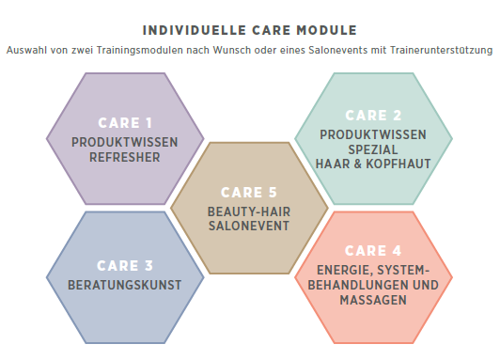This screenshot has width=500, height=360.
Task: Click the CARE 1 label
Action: [125, 123]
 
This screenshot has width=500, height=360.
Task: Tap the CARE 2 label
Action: [373, 116]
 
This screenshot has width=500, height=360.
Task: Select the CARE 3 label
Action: [125, 265]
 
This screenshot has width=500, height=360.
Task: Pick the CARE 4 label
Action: [373, 251]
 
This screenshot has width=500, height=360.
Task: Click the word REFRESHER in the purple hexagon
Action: [125, 157]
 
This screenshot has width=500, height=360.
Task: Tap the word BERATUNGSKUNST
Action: [125, 284]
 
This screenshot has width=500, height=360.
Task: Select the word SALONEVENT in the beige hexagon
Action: [249, 227]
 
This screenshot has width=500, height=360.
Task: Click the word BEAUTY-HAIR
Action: [249, 211]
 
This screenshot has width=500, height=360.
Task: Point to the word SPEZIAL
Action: [373, 149]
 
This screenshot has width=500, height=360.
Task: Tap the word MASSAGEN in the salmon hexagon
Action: [373, 301]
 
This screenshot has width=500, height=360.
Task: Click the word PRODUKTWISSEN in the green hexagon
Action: [373, 134]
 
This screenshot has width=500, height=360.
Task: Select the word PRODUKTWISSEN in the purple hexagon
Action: [125, 142]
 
